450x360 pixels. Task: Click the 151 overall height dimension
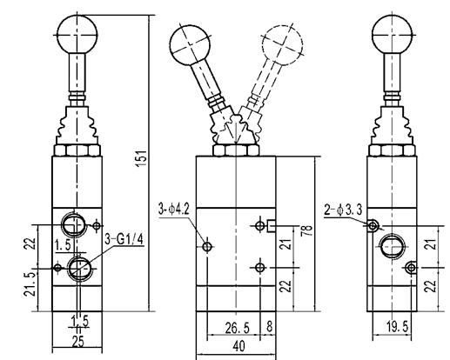click(141, 158)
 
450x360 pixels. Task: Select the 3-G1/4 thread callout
click(124, 240)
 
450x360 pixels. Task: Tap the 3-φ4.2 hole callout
click(174, 209)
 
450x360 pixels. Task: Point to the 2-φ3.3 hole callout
click(343, 210)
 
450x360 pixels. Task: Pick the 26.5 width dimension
click(238, 328)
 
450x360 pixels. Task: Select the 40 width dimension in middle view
click(238, 346)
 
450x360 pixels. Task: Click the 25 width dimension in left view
click(78, 342)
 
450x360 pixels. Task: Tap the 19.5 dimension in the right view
click(398, 327)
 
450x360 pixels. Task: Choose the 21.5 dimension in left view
click(30, 283)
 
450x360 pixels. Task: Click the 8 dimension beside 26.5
click(270, 326)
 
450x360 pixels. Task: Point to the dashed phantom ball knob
click(282, 45)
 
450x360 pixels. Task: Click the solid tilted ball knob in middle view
click(190, 45)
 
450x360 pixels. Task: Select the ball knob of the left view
click(77, 35)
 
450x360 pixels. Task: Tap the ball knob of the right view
click(392, 35)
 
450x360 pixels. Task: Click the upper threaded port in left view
click(74, 224)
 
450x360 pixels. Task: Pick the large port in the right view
click(392, 247)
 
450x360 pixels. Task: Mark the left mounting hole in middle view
click(207, 247)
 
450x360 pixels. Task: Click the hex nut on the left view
click(77, 150)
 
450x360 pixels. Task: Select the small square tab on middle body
click(272, 226)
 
